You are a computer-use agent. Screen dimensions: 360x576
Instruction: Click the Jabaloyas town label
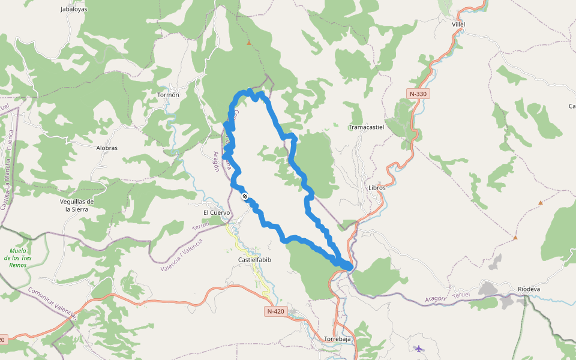[74, 10]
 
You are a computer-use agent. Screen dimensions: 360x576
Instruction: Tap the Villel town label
[458, 24]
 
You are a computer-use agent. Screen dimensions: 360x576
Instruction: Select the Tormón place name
[168, 95]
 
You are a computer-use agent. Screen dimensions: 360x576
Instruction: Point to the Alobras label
[107, 148]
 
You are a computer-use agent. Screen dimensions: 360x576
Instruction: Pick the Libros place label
[377, 187]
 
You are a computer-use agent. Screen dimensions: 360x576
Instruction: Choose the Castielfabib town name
[255, 260]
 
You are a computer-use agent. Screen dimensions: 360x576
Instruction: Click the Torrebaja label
[337, 338]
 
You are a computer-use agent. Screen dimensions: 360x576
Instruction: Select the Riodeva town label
[529, 289]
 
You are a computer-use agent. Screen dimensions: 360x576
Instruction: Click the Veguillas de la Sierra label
[77, 205]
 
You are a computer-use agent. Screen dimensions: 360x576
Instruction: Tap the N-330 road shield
[418, 94]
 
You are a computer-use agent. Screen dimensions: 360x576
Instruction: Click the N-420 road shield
[276, 311]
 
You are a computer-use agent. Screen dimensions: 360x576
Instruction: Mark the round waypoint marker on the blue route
[245, 196]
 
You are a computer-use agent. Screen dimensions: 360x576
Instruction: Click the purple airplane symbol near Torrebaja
[418, 349]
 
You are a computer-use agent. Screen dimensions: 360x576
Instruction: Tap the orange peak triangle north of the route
[248, 43]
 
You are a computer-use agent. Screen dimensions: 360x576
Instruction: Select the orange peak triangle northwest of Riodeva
[515, 238]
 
